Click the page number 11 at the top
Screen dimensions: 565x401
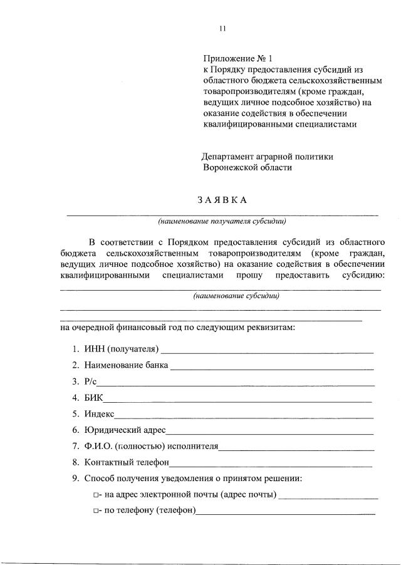(222, 28)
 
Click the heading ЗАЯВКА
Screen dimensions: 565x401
(222, 200)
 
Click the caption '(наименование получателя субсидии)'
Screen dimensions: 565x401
(223, 221)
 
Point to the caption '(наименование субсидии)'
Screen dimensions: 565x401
(236, 296)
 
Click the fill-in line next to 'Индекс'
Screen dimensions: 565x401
(244, 415)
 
